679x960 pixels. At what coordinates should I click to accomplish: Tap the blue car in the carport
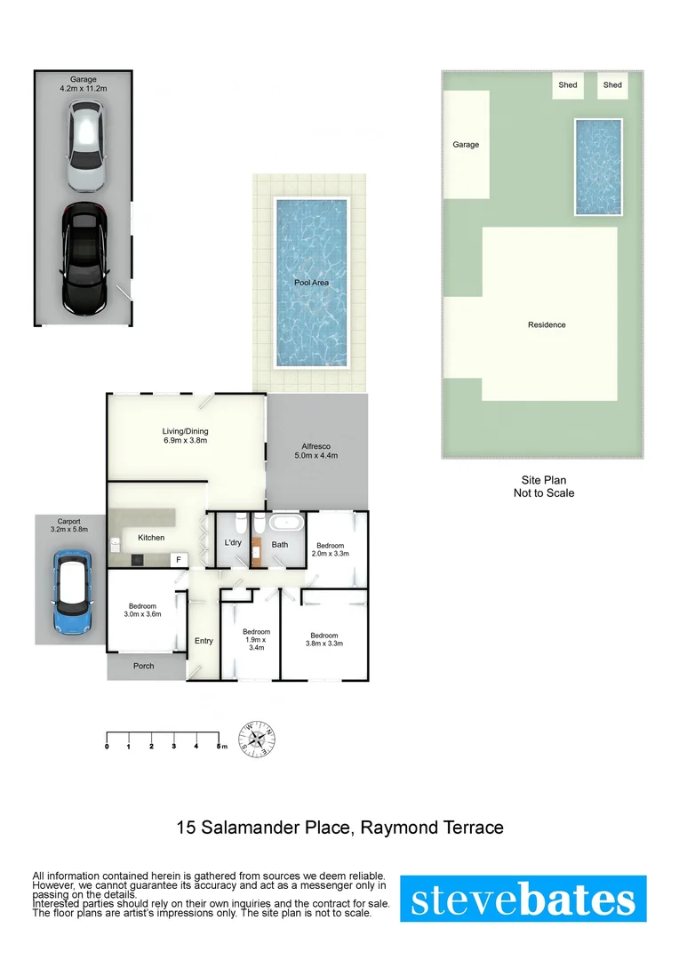pos(71,590)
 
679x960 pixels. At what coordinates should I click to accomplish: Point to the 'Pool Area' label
pos(311,283)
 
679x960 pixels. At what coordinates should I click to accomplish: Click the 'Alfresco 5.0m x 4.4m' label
pos(317,451)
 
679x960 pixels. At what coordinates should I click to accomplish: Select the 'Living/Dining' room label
pos(186,436)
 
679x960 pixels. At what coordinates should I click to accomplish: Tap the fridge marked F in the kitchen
pos(178,560)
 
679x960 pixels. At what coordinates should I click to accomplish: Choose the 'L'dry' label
pos(233,543)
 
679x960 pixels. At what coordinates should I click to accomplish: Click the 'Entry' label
pos(204,641)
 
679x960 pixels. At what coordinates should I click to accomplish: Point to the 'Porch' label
pos(143,666)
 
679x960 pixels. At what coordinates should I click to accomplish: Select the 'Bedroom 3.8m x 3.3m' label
pos(324,639)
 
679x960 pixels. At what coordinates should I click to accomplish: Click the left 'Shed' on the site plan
pos(568,85)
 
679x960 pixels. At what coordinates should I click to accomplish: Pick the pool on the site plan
pos(597,166)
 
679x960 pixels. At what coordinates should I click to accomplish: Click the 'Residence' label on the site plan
pos(547,325)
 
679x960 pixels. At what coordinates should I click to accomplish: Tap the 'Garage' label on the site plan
pos(466,144)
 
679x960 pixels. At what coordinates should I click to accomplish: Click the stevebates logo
pos(523,899)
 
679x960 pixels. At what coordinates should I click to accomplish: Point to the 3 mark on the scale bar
pos(173,746)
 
